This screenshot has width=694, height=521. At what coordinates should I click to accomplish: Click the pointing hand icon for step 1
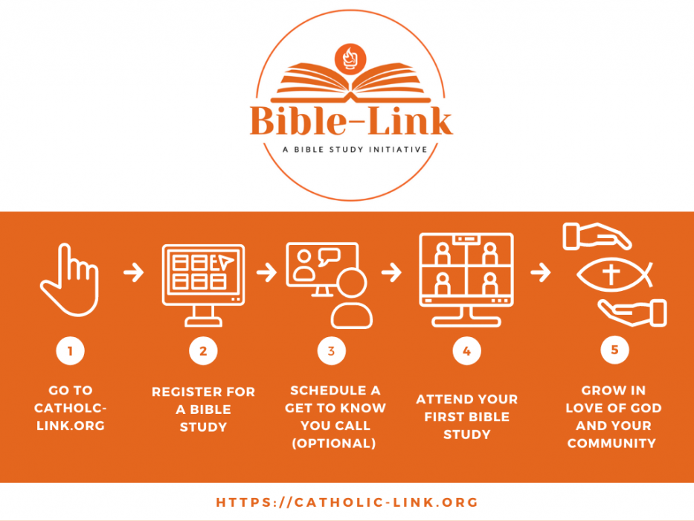(69, 279)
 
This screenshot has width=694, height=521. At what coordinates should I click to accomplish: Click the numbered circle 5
(614, 350)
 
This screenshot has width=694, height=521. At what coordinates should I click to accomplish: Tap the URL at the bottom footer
(347, 502)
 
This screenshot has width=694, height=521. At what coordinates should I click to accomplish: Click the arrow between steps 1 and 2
(134, 272)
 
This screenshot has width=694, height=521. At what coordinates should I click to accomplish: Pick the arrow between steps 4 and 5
(541, 272)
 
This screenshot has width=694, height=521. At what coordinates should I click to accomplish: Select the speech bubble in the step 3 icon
(328, 258)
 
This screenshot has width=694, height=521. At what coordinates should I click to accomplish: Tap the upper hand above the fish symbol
(596, 237)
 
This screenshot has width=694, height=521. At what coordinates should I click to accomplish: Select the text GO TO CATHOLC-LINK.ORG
(71, 409)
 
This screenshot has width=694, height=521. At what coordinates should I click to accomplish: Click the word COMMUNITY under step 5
(611, 444)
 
